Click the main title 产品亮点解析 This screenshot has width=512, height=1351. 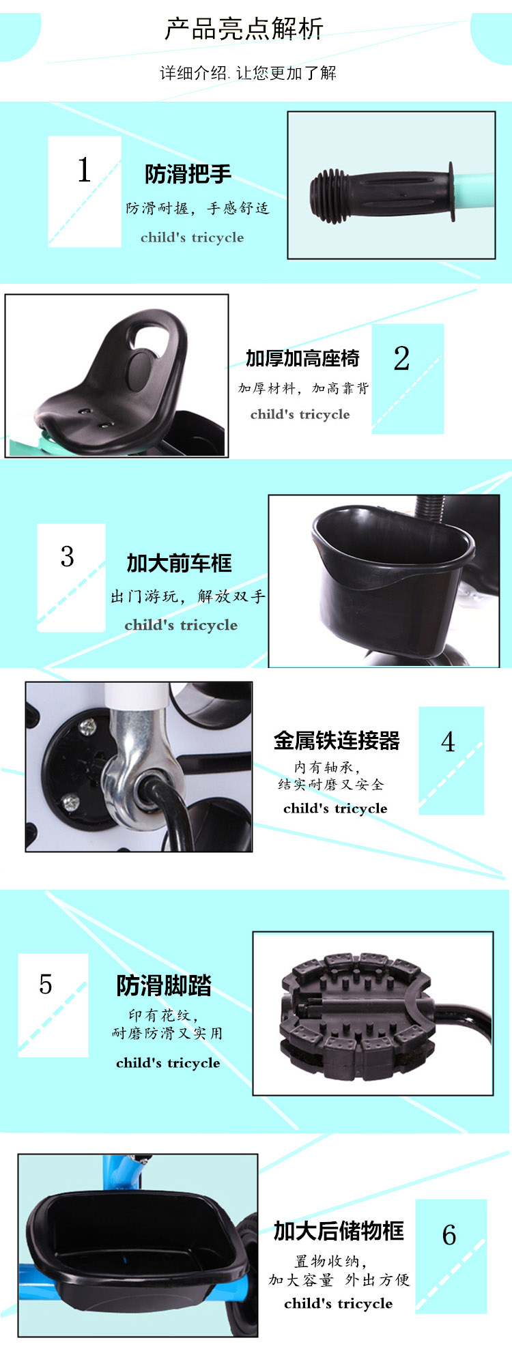pos(244,29)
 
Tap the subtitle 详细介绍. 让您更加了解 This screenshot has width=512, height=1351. pos(248,73)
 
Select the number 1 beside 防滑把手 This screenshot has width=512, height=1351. pos(84,170)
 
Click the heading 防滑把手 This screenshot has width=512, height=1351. pos(188,174)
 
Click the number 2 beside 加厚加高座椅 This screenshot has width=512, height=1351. pos(401,358)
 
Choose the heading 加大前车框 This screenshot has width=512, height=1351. pos(179,563)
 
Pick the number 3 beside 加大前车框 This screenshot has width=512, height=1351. pos(67,556)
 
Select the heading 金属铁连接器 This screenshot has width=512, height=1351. pos(337,740)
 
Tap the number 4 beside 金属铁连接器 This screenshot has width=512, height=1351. pos(448,742)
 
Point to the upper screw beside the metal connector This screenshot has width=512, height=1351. pos(87,728)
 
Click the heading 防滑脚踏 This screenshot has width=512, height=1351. pos(164,985)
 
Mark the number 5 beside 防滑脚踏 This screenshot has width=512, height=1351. pos(46,984)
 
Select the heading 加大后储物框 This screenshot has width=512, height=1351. pos(339,1231)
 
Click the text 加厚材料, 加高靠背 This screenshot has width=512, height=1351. pos(303,388)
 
